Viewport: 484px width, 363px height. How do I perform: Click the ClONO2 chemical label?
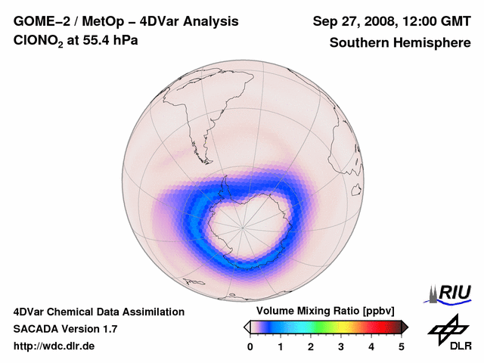(38, 41)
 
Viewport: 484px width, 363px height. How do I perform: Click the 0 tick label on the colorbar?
(250, 346)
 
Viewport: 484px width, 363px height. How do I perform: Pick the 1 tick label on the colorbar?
(281, 346)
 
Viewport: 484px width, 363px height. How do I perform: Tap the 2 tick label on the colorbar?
(311, 346)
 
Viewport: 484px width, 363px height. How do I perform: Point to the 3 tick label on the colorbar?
(341, 346)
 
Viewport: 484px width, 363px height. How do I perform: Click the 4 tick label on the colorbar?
(371, 346)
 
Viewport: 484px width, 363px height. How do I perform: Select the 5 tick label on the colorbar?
(402, 346)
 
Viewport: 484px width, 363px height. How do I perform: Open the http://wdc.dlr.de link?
(54, 346)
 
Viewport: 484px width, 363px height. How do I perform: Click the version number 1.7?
(108, 329)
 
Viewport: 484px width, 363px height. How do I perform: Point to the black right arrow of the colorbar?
(405, 327)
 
